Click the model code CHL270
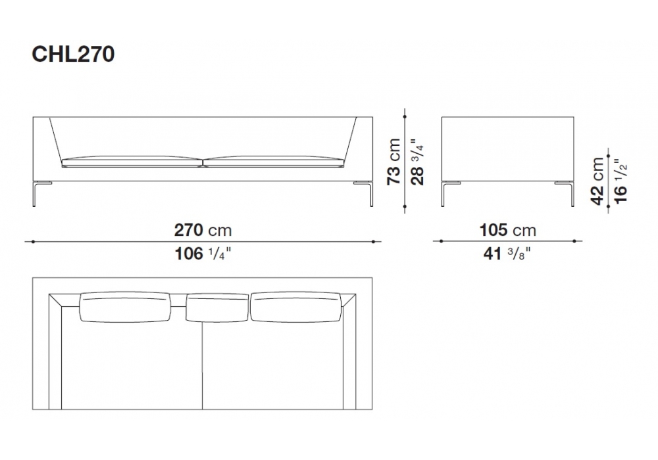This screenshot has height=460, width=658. [73, 55]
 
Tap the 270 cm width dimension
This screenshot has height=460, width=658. [203, 230]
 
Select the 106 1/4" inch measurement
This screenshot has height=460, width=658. [203, 254]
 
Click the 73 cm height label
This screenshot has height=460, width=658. [393, 162]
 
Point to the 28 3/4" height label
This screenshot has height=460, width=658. [418, 162]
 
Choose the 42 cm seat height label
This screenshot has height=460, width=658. [597, 181]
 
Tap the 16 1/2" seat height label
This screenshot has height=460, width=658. [620, 181]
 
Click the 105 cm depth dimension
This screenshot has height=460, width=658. [508, 230]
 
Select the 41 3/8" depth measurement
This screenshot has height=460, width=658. [507, 254]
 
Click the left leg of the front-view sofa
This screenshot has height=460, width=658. [36, 194]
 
